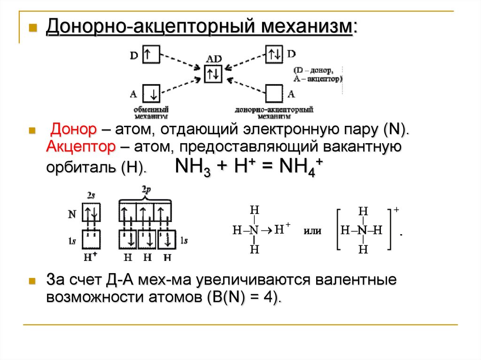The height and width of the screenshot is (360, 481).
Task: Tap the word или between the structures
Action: (x=313, y=231)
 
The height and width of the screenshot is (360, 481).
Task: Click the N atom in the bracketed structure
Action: (x=362, y=230)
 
